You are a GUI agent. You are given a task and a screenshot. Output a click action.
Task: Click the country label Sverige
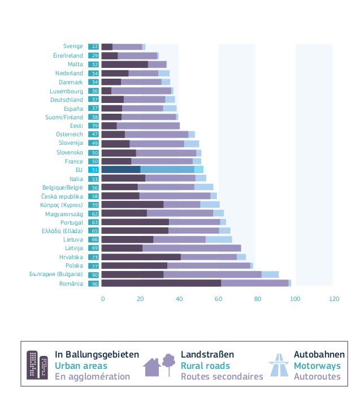(73, 46)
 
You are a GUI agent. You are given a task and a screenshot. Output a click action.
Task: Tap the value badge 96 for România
(94, 283)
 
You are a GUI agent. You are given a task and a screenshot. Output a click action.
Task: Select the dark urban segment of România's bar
(161, 283)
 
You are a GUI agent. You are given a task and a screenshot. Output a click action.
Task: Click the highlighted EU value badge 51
(94, 169)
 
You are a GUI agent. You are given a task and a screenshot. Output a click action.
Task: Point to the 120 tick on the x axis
(335, 299)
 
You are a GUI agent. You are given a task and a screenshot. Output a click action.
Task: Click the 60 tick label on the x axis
(219, 299)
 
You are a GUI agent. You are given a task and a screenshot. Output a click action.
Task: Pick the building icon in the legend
(37, 365)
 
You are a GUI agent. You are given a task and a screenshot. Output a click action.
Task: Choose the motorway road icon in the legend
(279, 365)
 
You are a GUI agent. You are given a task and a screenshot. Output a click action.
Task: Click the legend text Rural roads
(205, 365)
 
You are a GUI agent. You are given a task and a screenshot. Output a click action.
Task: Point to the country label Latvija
(73, 248)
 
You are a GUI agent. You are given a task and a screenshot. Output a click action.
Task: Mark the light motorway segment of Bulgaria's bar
(270, 274)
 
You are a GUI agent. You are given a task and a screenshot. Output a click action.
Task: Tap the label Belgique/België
(63, 187)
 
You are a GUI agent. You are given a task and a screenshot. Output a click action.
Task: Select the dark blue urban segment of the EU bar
(121, 169)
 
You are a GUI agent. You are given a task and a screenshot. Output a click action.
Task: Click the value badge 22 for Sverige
(94, 47)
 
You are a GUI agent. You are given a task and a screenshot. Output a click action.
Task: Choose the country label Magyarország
(64, 213)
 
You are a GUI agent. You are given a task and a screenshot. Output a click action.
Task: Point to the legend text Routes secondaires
(222, 376)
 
